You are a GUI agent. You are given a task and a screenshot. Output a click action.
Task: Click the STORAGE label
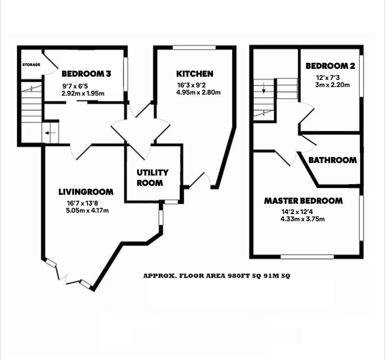coord(31,65)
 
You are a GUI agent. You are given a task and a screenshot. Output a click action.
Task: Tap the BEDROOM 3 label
coord(86,74)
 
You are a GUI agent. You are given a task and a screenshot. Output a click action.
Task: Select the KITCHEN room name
coord(195,74)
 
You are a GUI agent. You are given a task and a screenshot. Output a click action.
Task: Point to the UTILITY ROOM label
coord(153,178)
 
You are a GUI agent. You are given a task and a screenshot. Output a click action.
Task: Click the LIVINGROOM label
coord(86,192)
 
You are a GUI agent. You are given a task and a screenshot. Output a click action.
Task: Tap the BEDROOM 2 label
coord(330,66)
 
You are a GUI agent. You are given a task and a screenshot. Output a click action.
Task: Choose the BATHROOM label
coord(333,160)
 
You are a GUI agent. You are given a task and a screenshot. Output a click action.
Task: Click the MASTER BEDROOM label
coord(303,201)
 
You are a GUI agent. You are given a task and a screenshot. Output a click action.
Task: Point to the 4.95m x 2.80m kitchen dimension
coord(199,93)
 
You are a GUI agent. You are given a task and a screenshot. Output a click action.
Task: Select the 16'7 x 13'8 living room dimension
coord(82,203)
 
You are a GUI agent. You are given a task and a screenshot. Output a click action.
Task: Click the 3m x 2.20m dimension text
coord(333,85)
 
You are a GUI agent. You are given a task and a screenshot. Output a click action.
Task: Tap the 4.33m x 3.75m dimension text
coord(303,219)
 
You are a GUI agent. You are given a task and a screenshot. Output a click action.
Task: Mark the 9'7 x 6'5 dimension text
coord(75,86)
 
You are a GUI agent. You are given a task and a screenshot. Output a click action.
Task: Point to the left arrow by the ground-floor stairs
coord(50,133)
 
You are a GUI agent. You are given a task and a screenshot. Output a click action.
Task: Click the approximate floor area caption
coord(217,276)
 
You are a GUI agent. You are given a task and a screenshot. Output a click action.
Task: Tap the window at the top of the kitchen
coord(194,47)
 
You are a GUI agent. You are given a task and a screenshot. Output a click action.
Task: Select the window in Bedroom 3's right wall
coord(125,75)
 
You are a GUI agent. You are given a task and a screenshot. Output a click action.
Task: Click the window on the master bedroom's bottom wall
coord(307,257)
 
